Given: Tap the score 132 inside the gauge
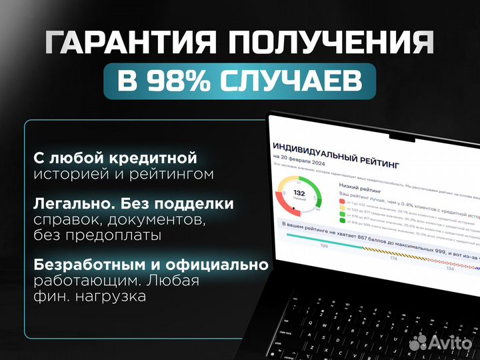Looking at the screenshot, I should tap(299, 193).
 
